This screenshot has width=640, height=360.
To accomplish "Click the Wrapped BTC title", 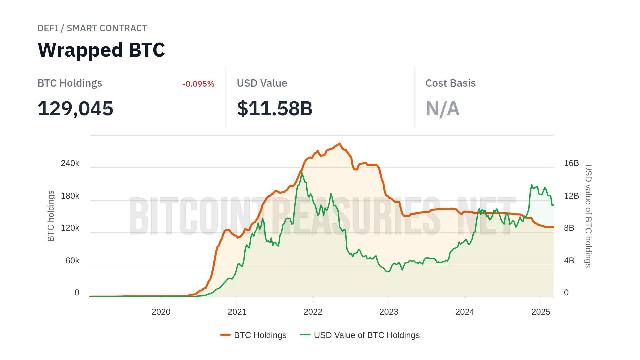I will (101, 50).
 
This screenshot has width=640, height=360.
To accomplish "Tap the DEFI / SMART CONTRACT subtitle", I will (92, 28).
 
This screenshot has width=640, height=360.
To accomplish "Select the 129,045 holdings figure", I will (75, 109).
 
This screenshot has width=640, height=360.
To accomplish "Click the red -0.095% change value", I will (198, 84).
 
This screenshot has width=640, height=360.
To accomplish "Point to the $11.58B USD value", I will (275, 109).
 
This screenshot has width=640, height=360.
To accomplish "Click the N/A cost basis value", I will (443, 109).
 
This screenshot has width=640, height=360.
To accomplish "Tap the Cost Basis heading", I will (450, 83).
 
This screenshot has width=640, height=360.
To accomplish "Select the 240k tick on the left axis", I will (70, 163).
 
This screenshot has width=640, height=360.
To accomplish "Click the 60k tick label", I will (72, 261).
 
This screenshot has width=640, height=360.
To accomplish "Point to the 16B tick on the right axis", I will (571, 163).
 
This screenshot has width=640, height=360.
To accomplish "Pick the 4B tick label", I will (569, 261).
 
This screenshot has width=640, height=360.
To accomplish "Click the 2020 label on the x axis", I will (161, 312).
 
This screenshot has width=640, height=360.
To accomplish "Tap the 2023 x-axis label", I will (389, 312).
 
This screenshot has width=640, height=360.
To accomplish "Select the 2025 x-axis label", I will (541, 312).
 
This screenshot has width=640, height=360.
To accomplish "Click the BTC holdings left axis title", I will (51, 216).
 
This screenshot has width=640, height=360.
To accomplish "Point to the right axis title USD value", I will (588, 216).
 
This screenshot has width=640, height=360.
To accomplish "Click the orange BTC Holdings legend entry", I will (254, 335).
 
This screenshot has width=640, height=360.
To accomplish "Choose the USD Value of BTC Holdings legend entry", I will (360, 335).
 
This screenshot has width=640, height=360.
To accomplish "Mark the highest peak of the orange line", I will (340, 144).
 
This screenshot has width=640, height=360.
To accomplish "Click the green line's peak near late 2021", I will (302, 173).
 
